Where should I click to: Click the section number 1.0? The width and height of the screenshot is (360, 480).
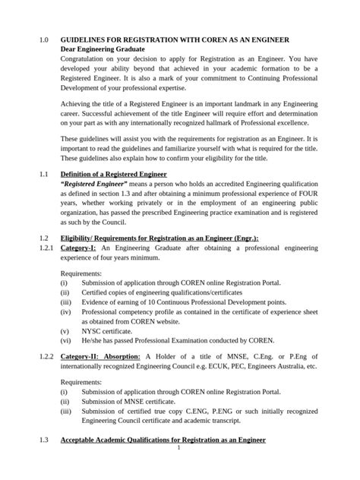[43, 39]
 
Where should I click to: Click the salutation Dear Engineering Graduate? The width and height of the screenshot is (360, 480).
[102, 49]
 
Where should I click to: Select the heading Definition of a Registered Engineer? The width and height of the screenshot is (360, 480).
[113, 175]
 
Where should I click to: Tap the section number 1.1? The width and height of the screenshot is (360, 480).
[43, 175]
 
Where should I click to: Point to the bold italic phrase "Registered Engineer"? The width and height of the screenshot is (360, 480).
[93, 185]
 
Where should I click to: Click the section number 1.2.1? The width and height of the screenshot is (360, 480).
[46, 248]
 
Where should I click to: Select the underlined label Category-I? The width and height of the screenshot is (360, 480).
[79, 248]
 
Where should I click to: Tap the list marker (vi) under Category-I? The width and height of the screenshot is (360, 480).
[66, 341]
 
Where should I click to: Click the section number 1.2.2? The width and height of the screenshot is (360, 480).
[46, 356]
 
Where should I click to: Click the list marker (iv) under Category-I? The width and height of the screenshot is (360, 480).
[66, 311]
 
